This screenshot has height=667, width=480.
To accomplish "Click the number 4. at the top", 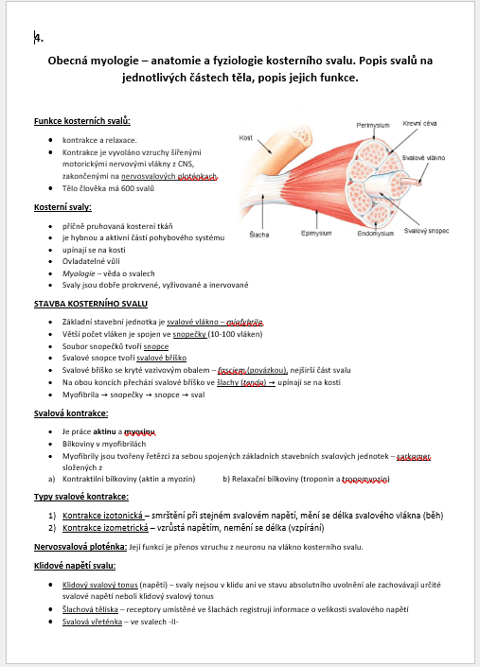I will [38, 38].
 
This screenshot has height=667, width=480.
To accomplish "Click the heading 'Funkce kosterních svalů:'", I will [81, 121].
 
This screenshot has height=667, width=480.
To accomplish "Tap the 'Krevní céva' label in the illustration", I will [418, 123].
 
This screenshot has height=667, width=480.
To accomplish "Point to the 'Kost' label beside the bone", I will [245, 137].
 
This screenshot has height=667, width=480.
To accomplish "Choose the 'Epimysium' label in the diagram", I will [314, 232].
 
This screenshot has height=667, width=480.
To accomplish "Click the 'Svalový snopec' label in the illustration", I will [426, 230].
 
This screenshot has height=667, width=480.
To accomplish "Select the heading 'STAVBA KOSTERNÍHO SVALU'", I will [90, 304].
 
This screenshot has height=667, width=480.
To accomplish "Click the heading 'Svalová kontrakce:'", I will [71, 412].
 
